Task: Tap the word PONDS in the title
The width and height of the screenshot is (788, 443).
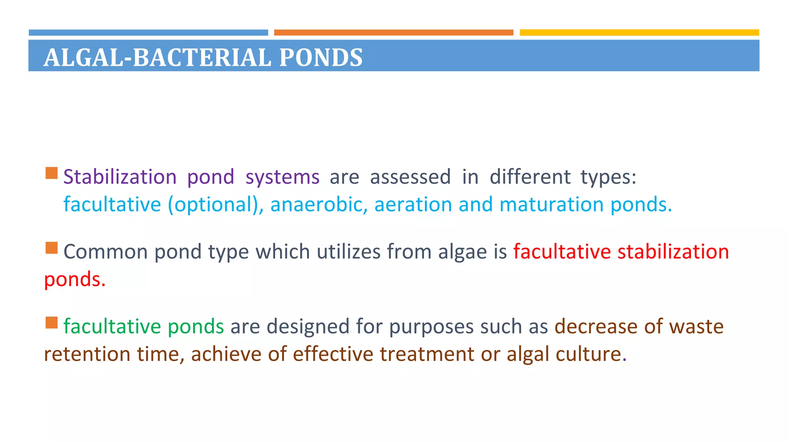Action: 321,58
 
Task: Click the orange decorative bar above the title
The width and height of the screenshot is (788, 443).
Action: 393,33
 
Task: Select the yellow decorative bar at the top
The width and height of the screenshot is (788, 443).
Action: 639,33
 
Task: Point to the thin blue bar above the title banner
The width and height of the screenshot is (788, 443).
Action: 148,33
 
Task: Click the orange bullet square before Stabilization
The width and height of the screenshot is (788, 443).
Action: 52,173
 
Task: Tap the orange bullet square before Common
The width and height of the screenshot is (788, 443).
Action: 52,248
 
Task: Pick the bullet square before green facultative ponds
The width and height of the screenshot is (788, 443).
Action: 52,323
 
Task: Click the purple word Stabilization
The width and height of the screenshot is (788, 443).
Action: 120,177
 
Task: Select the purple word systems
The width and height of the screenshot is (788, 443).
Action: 282,177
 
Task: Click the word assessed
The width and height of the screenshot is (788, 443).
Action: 410,177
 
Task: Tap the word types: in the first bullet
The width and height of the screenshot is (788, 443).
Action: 608,178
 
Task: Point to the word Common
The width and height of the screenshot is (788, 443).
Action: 105,252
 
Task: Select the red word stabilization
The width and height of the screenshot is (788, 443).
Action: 673,252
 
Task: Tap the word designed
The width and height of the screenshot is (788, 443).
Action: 308,327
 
